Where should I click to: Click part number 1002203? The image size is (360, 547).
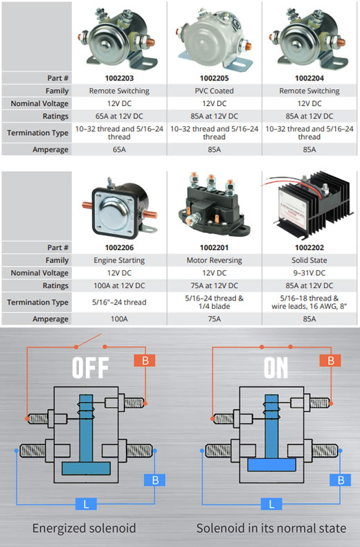[119, 78]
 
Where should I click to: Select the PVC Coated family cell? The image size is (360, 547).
[214, 91]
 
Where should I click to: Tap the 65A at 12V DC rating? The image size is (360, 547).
[119, 116]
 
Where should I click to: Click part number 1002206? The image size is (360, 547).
[119, 248]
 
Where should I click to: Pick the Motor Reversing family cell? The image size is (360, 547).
[214, 260]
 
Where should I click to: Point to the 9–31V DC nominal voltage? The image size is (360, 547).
[309, 273]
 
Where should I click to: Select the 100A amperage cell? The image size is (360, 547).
[119, 319]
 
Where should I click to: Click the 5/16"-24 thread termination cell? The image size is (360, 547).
[119, 302]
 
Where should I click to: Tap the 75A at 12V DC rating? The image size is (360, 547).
[214, 285]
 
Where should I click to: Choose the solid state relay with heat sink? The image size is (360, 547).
[309, 202]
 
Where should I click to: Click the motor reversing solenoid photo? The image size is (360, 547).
[213, 206]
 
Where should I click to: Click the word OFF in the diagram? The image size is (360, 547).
[91, 368]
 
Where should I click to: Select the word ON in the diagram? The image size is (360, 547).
[276, 368]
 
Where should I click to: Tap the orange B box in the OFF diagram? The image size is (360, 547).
[145, 360]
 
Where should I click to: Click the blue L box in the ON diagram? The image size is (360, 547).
[271, 504]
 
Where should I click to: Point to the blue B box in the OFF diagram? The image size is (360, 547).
[155, 480]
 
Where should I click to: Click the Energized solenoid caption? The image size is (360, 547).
[84, 528]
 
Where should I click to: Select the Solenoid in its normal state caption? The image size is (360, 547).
[271, 528]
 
